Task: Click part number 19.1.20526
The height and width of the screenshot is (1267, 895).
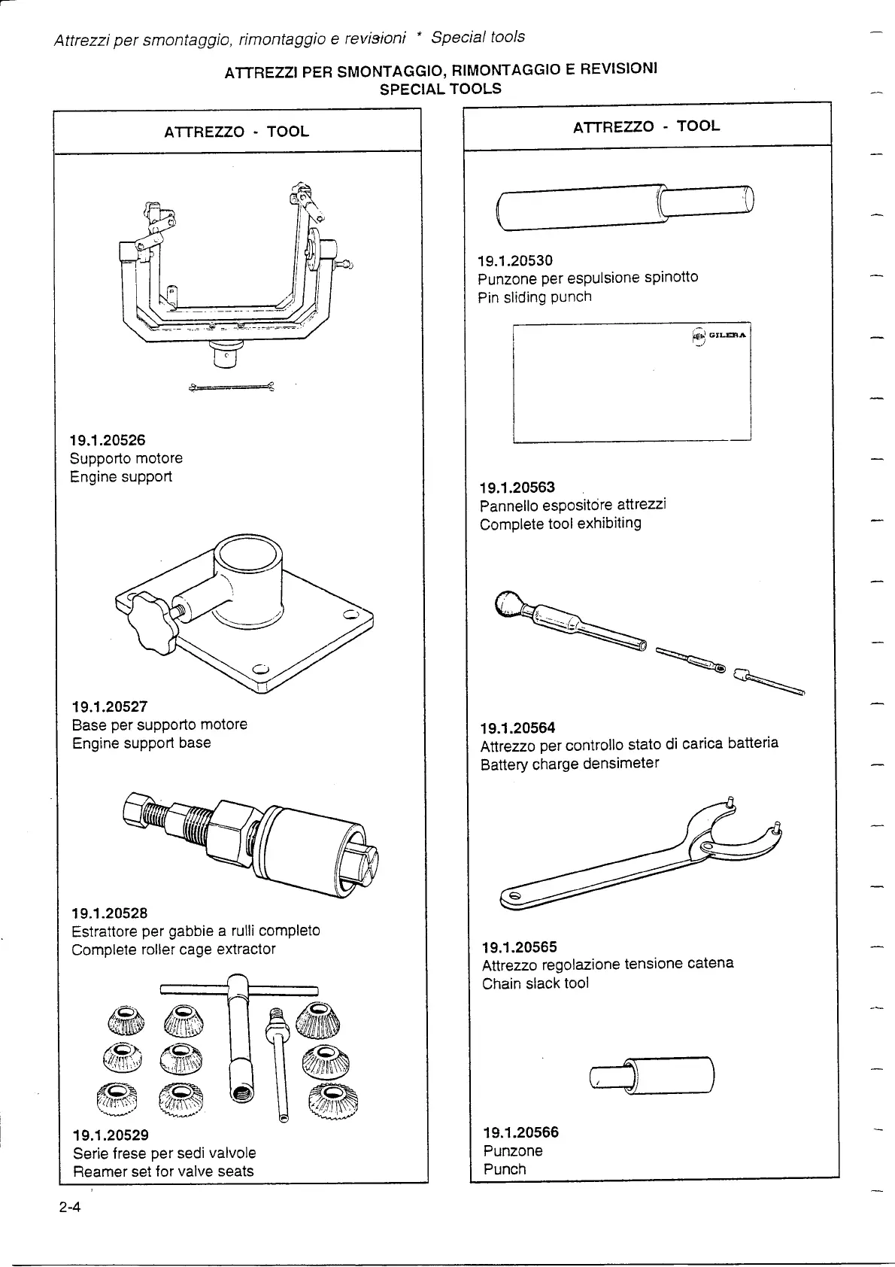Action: [108, 440]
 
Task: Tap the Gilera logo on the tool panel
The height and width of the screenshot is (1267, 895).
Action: [718, 336]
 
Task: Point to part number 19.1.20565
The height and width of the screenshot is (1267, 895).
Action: [519, 946]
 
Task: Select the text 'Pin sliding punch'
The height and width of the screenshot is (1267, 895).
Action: [534, 297]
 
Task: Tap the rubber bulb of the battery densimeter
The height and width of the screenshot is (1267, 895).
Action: [510, 603]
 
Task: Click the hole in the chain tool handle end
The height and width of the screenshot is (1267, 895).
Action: [515, 897]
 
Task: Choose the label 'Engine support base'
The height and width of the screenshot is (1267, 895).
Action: [141, 743]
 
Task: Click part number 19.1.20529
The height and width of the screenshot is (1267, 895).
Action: [111, 1135]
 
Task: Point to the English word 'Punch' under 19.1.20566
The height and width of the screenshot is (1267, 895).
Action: [505, 1169]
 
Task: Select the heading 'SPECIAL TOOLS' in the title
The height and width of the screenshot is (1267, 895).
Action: [440, 89]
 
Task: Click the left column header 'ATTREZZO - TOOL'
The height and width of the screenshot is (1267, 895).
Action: [236, 132]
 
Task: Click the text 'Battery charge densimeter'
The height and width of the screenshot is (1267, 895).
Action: [569, 764]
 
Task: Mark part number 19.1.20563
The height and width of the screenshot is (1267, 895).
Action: [517, 488]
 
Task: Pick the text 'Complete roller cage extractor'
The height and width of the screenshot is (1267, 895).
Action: [174, 949]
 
